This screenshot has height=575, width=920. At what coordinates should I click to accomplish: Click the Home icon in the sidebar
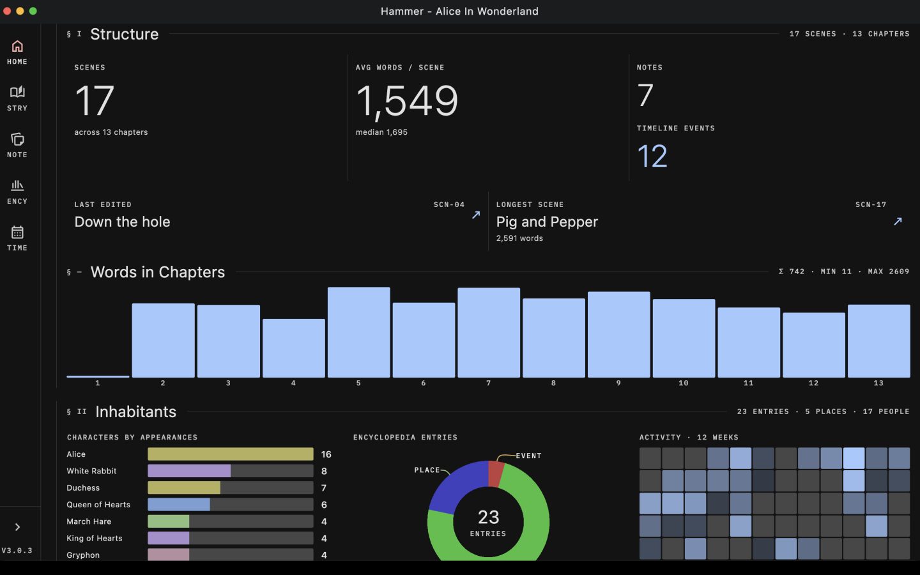coord(17,46)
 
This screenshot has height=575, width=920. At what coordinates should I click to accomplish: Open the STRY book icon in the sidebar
coord(17,92)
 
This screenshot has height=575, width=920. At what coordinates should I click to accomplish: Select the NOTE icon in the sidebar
coord(17,139)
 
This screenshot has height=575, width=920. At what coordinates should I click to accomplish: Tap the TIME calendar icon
coord(17,233)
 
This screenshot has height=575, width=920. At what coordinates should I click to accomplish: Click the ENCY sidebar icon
coord(17,186)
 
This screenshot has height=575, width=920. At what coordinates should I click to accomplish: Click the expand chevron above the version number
coord(17,527)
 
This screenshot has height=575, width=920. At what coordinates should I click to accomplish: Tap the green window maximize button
coord(33,11)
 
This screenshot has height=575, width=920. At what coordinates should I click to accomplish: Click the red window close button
coord(7,11)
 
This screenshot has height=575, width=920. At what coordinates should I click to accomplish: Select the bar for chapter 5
coord(358,332)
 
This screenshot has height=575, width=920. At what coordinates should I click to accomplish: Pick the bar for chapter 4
coord(294,348)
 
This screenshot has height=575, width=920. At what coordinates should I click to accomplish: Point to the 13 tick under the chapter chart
coord(878,383)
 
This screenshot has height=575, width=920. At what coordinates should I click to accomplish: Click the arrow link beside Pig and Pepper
coord(898,221)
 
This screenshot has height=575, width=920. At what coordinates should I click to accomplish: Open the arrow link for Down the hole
coord(476,215)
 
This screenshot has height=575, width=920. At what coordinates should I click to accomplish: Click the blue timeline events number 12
coord(652,156)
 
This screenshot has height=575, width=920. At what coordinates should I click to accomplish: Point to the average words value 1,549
coord(406,101)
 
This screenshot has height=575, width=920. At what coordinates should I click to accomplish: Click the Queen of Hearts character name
coord(98,505)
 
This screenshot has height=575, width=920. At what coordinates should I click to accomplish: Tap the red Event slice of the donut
coord(496,474)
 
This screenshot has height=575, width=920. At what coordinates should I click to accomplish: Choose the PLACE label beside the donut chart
coord(427,470)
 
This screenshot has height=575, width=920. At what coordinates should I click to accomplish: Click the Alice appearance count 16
coord(326,454)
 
